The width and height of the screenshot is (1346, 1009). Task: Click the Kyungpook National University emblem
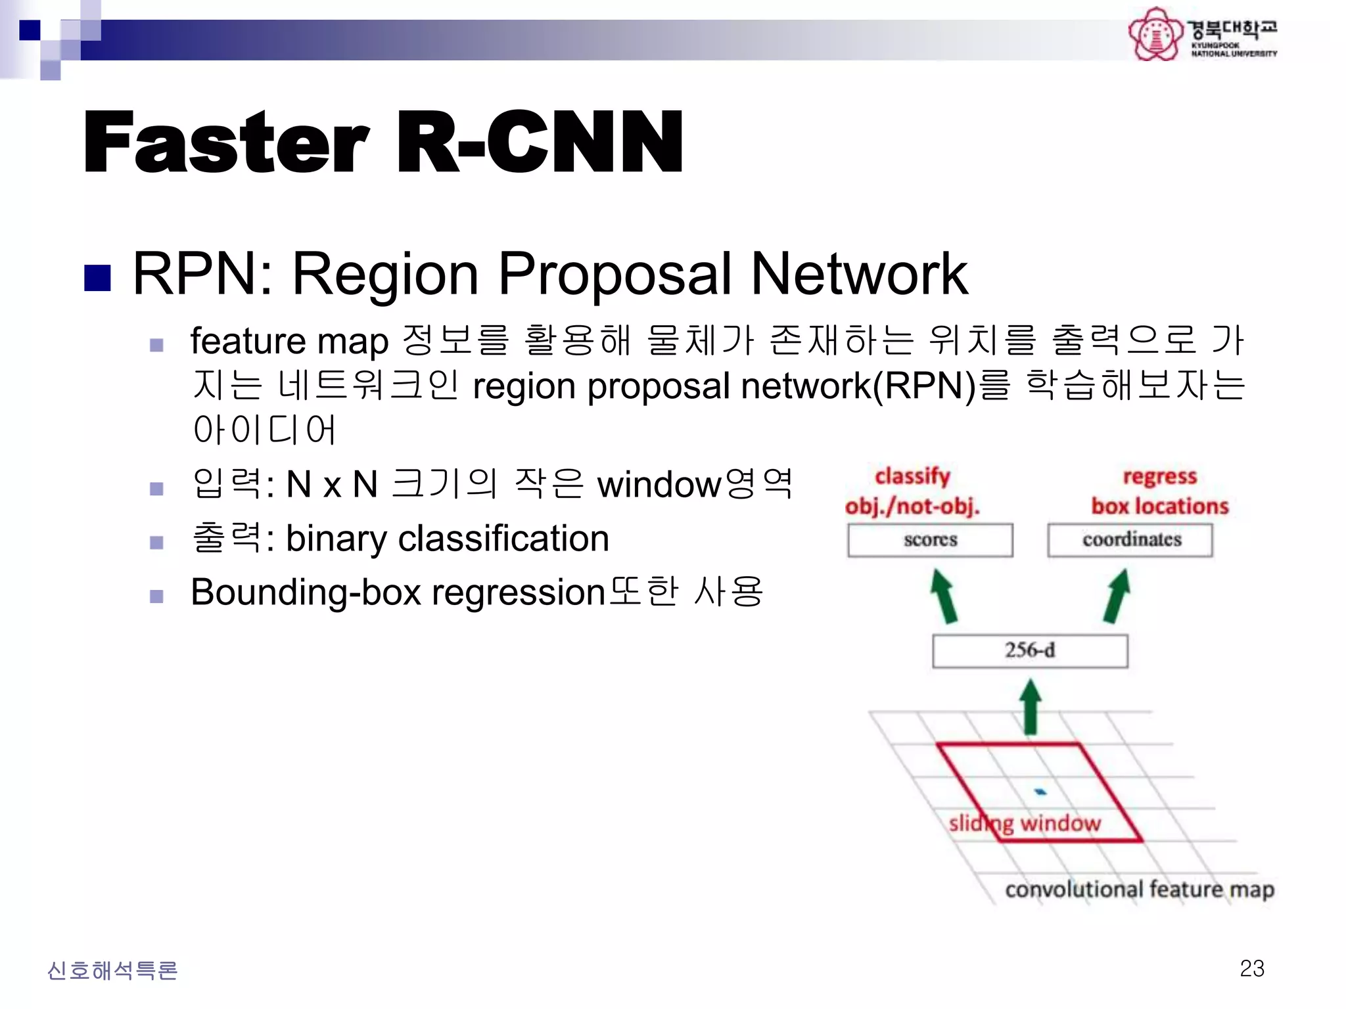pyautogui.click(x=1154, y=34)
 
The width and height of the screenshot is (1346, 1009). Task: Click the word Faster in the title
pyautogui.click(x=227, y=143)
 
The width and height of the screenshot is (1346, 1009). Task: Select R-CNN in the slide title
pyautogui.click(x=539, y=143)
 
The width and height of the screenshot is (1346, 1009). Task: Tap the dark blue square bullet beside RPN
pyautogui.click(x=97, y=278)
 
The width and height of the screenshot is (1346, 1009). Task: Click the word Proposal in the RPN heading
pyautogui.click(x=614, y=275)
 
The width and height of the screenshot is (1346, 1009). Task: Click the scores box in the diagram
pyautogui.click(x=930, y=540)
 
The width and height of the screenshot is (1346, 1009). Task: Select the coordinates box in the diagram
pyautogui.click(x=1130, y=540)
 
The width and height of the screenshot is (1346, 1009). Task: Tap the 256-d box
pyautogui.click(x=1030, y=650)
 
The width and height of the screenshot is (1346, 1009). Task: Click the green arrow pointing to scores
pyautogui.click(x=944, y=596)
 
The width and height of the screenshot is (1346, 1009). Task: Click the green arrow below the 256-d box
pyautogui.click(x=1031, y=706)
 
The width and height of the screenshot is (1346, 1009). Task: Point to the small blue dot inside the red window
pyautogui.click(x=1040, y=792)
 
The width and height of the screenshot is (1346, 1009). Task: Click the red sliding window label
pyautogui.click(x=1025, y=823)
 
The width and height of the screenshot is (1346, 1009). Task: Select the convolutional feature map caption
pyautogui.click(x=1140, y=889)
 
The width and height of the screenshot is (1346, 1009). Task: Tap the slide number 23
pyautogui.click(x=1251, y=968)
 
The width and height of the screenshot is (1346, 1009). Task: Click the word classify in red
pyautogui.click(x=912, y=476)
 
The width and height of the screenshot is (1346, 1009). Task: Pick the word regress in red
pyautogui.click(x=1159, y=476)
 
